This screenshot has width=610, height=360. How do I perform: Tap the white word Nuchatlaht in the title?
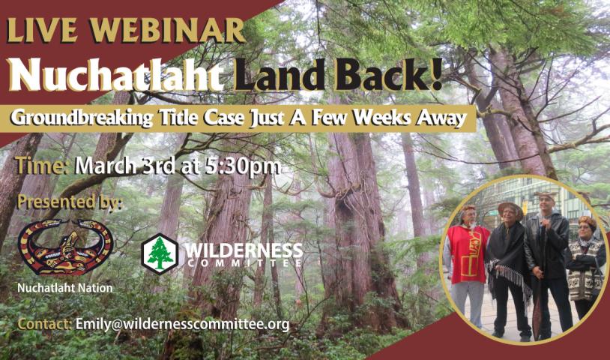[116, 75]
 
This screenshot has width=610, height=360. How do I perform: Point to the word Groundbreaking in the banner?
[81, 118]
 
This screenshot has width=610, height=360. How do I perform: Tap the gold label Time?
[42, 166]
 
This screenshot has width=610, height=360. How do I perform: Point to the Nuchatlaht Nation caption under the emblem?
[65, 289]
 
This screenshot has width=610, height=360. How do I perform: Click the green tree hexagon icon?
[160, 253]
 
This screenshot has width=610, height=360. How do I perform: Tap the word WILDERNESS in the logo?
[244, 250]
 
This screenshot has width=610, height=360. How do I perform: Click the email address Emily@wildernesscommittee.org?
[182, 325]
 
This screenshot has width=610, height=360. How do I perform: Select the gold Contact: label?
[44, 324]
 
